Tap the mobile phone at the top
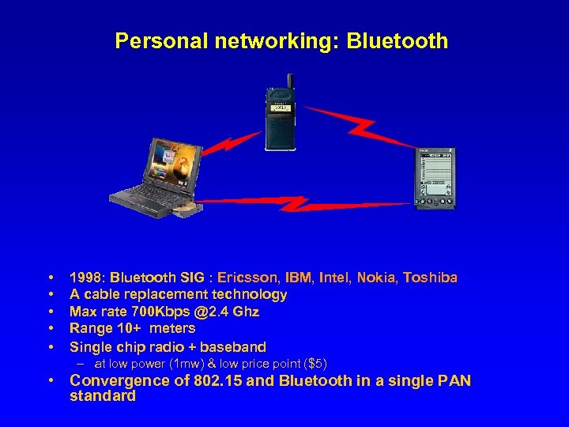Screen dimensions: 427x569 (281, 119)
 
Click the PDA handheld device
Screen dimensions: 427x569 (435, 178)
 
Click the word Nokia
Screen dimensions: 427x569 (377, 278)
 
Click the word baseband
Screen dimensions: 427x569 (233, 346)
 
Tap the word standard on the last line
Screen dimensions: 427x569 (103, 396)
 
